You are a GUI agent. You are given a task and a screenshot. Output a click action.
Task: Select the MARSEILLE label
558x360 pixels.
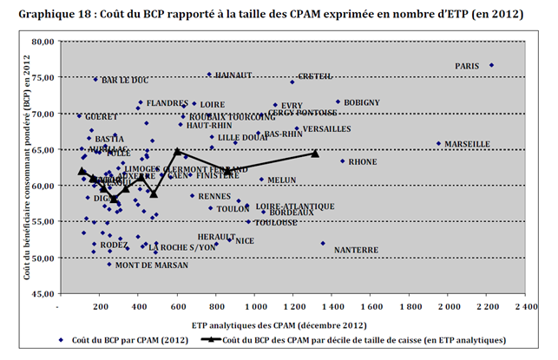tap(470, 144)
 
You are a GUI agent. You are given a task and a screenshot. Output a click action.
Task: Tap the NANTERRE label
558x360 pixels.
tap(356, 250)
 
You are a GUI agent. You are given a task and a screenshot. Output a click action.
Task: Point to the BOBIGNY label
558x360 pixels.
tap(362, 102)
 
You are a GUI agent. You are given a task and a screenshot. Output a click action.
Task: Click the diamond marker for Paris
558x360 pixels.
tap(491, 65)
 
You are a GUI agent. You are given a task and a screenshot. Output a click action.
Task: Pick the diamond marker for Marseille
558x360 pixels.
tap(439, 144)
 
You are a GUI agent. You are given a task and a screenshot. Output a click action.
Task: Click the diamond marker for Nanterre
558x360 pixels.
tap(323, 244)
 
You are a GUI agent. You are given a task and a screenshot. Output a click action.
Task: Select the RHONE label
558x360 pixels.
tap(362, 161)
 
